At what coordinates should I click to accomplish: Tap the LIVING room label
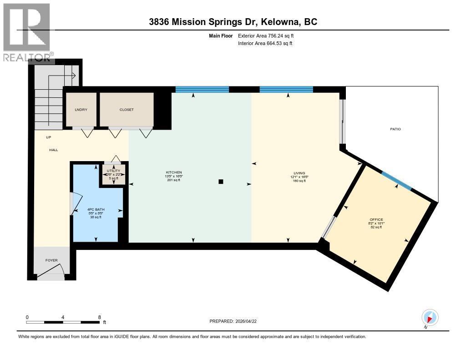tap(299, 173)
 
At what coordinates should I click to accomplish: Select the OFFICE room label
tap(376, 219)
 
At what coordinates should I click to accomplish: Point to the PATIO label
tap(395, 129)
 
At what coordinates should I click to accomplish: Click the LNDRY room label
tap(81, 110)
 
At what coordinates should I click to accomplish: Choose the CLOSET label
tap(127, 110)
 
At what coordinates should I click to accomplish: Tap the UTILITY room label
tap(113, 170)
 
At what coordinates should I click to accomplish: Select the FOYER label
tap(51, 260)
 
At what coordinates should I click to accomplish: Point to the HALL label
tap(54, 149)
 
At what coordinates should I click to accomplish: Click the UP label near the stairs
tap(48, 137)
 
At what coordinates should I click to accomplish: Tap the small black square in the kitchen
tap(221, 182)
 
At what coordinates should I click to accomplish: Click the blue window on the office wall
tap(396, 180)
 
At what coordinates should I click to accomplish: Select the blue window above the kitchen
tap(202, 89)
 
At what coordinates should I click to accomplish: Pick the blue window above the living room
tap(286, 89)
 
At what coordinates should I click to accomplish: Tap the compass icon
tap(430, 317)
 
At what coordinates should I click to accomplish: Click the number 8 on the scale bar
tap(99, 317)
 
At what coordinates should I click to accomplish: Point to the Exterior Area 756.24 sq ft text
tap(268, 35)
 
